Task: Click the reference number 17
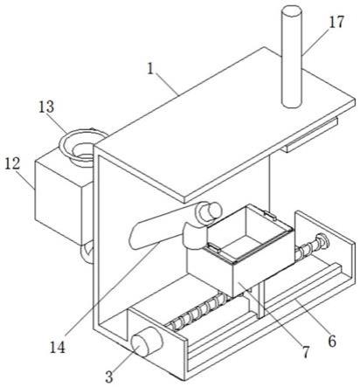tap(336, 22)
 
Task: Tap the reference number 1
tap(150, 69)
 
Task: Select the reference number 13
tap(46, 107)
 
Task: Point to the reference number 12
tap(12, 163)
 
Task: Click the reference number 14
tap(58, 347)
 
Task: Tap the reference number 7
tap(305, 351)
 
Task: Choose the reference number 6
tap(332, 341)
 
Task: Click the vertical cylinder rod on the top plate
tap(291, 57)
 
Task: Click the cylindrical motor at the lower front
tap(146, 342)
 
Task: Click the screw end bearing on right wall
tap(322, 241)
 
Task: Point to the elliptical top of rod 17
tap(291, 10)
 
